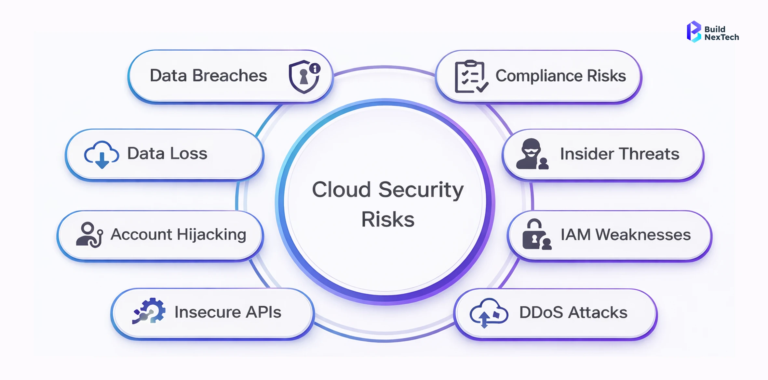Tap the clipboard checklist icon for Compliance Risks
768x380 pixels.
(x=471, y=77)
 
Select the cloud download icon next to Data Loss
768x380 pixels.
(x=101, y=155)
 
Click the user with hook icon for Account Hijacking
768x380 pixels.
(x=89, y=234)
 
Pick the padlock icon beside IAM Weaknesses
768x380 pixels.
(x=536, y=234)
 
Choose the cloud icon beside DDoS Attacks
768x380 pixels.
(x=488, y=312)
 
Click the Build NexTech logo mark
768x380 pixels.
(x=694, y=32)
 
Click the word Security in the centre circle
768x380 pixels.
(x=421, y=190)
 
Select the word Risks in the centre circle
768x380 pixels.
(x=388, y=220)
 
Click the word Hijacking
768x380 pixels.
(x=211, y=234)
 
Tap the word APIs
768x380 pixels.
(x=263, y=312)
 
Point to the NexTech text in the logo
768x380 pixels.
(x=721, y=37)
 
